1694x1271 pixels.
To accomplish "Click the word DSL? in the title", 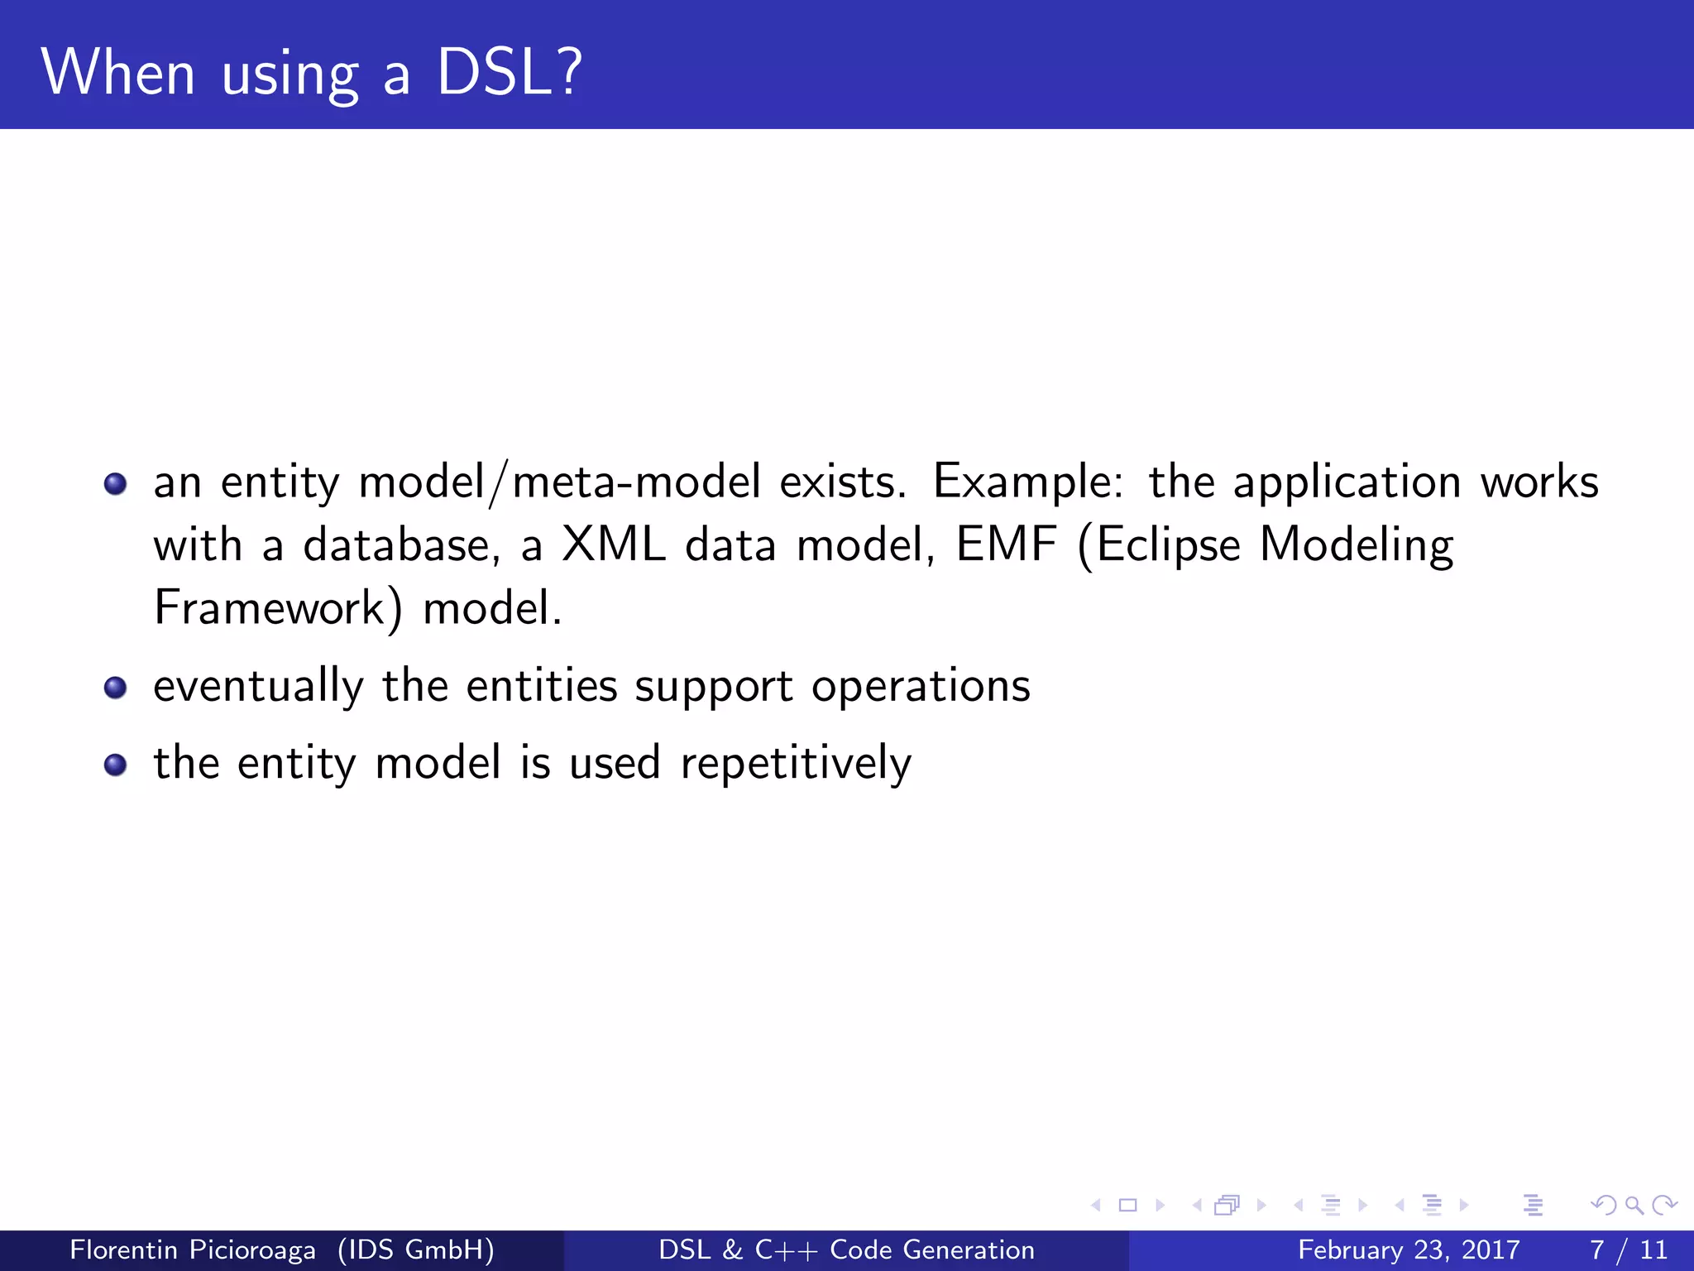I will click(x=510, y=73).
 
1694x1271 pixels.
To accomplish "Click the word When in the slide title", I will click(x=118, y=73).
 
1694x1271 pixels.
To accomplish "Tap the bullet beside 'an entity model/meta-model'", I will click(x=116, y=483).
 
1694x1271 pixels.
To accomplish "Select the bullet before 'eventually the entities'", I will click(x=116, y=688).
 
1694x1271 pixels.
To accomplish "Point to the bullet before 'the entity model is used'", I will click(x=116, y=765).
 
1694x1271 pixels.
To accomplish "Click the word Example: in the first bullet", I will click(x=1028, y=482).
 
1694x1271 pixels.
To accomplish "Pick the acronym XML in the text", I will click(x=613, y=545).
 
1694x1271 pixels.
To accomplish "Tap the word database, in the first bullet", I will click(x=402, y=545).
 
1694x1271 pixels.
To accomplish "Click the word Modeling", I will click(x=1357, y=545).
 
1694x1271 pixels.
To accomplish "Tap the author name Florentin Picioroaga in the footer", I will click(x=193, y=1249).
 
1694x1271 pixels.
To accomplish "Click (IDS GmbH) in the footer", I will click(x=416, y=1249).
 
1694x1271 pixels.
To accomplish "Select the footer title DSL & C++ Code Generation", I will click(x=846, y=1249).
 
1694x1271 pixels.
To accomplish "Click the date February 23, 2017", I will click(x=1409, y=1249).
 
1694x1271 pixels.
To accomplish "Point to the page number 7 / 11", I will click(x=1628, y=1249).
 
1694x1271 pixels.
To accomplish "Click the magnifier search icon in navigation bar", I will click(x=1634, y=1206).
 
